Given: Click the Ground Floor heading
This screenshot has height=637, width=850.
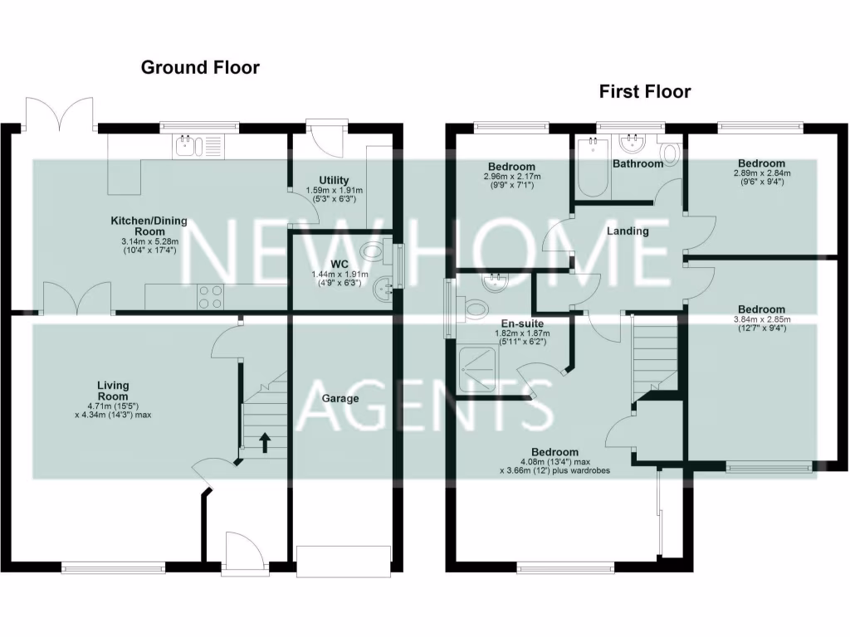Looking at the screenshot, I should pos(200,67).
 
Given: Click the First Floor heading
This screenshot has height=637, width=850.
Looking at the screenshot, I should pos(645,91).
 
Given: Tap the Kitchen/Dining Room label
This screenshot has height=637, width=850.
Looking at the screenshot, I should pos(149,226).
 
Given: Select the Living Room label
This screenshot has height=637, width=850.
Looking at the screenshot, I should pos(113,391).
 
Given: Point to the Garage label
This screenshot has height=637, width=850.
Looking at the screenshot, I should pos(340,398).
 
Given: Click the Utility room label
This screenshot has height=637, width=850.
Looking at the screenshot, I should pos(334,180).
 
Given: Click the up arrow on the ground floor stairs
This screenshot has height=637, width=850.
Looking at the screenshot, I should pos(266,442).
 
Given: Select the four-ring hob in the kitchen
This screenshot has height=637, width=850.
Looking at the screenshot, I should pos(210,297).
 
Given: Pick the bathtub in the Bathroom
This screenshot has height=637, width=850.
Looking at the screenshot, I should pos(594,167).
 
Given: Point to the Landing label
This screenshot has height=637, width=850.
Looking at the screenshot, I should pos(628,231).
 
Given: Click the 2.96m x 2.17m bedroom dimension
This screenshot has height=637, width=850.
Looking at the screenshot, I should pos(511,177).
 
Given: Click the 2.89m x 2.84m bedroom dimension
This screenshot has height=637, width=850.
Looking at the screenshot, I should pos(761,173).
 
